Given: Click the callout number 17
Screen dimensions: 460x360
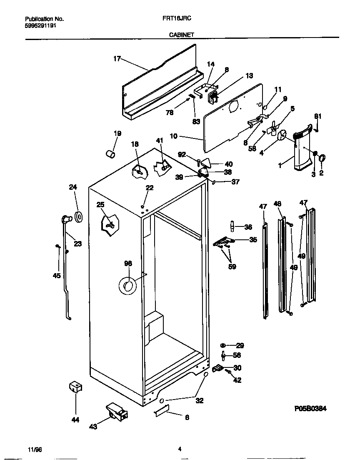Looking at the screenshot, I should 117,59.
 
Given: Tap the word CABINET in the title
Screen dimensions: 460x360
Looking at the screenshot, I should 181,35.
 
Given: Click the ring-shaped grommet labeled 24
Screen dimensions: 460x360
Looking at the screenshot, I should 78,217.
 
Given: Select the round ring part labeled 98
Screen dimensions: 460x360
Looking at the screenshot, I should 128,286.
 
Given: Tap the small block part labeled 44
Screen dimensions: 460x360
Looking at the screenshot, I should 75,387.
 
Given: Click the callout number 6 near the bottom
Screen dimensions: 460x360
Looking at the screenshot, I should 187,417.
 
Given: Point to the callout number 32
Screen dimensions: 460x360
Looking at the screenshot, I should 200,401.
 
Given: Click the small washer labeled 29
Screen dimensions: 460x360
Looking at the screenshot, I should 222,345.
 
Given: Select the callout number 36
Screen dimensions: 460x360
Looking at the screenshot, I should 248,227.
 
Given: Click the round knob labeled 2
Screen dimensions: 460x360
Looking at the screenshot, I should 322,158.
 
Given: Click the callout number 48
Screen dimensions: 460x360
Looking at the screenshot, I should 277,204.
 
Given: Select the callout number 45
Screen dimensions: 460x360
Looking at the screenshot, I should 56,276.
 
